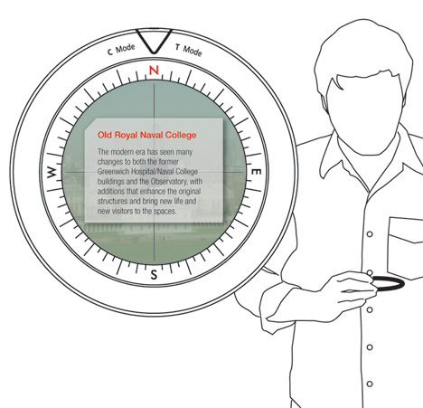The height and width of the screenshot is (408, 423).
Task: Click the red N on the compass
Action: (x=154, y=71)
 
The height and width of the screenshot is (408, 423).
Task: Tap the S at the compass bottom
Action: (x=154, y=275)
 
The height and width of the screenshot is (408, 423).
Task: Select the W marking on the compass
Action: (x=52, y=172)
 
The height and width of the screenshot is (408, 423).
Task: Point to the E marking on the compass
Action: (x=256, y=172)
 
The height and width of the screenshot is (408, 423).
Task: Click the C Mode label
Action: (x=121, y=50)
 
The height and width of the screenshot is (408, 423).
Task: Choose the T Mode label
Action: (x=189, y=50)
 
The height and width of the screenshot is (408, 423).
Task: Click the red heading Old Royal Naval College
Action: (x=147, y=135)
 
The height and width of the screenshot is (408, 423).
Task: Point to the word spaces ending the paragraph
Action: (x=164, y=211)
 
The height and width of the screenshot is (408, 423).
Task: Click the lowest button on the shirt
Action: (x=370, y=384)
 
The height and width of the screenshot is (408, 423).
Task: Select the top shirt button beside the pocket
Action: (x=370, y=234)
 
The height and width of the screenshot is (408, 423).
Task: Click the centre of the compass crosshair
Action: (x=155, y=172)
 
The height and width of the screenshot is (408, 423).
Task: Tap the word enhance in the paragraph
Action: (x=154, y=192)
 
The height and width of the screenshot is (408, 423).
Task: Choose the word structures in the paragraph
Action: (x=111, y=202)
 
